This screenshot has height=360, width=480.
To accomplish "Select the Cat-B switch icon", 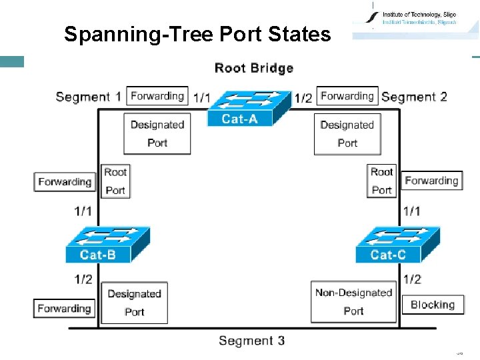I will tap(107, 245).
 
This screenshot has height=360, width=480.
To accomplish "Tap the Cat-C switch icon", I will tap(397, 245).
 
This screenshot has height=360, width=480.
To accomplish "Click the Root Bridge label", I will tap(254, 68).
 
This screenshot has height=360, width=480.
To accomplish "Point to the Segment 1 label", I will tap(89, 97).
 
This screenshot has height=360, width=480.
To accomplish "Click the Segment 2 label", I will tap(414, 97).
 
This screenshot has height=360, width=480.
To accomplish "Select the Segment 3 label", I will tap(251, 341).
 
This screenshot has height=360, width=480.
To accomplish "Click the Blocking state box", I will tap(432, 305).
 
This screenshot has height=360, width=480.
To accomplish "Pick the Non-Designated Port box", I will tap(353, 301).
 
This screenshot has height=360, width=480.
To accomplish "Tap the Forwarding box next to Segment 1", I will tap(157, 96).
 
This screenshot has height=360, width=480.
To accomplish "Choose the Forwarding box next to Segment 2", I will tap(347, 96).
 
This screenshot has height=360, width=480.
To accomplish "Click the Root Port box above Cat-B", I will tap(115, 181).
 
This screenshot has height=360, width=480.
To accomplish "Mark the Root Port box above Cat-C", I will tap(381, 181).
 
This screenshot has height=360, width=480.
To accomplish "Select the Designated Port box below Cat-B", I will tap(134, 302).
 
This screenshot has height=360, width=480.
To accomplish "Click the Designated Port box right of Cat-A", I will tap(347, 134).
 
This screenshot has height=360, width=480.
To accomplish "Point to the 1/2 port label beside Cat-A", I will tap(303, 98).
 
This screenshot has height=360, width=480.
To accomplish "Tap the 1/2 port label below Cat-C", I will tap(412, 279).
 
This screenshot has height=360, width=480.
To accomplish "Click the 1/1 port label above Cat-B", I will tap(83, 211).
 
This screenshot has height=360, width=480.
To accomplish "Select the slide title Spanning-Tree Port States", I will tap(197, 34).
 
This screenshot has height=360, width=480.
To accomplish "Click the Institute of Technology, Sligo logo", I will tap(414, 19).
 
